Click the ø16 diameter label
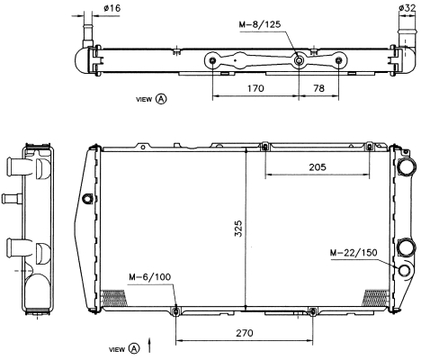[112, 8]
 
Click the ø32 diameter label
[408, 8]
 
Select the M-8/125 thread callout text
[260, 24]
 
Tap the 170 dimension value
[255, 88]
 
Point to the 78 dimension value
[318, 88]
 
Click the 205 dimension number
[318, 166]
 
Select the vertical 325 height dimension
[238, 229]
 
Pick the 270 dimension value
[245, 333]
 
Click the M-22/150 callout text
[354, 253]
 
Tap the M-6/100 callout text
[149, 276]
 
